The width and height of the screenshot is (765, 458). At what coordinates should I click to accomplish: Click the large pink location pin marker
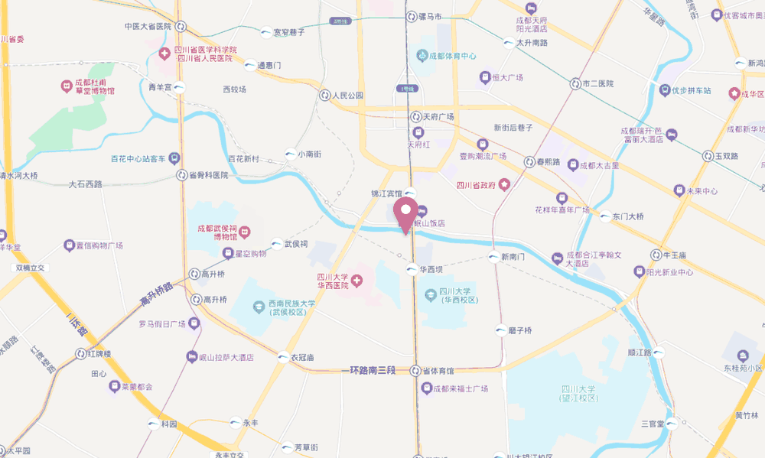(x=405, y=212)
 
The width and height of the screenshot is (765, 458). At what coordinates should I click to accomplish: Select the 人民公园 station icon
(x=324, y=96)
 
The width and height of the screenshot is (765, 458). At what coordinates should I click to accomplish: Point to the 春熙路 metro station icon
(x=529, y=162)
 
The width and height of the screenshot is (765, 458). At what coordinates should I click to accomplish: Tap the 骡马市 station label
(x=430, y=16)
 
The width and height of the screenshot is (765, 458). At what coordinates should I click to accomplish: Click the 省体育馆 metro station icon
(x=415, y=371)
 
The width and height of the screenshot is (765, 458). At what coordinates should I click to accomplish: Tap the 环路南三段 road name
(x=372, y=371)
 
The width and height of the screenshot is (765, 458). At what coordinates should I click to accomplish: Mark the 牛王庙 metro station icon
(x=656, y=255)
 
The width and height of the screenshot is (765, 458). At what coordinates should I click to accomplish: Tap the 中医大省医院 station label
(x=147, y=26)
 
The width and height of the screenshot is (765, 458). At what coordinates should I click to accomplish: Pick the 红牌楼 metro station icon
(x=80, y=354)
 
